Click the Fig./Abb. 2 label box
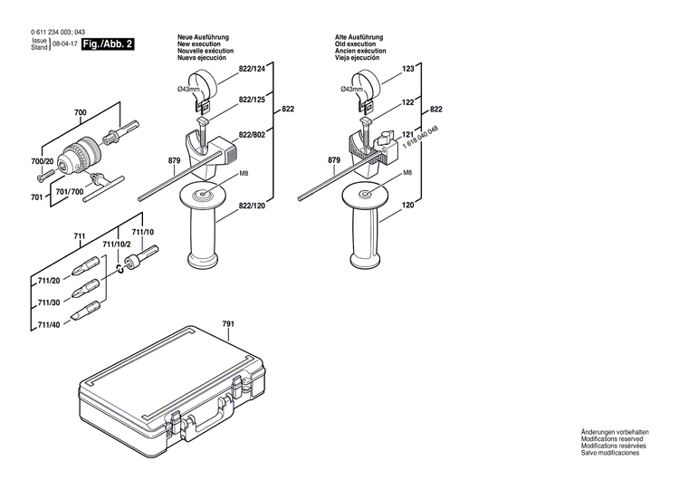tap(107, 43)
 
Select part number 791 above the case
tap(227, 323)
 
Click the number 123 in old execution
tap(407, 70)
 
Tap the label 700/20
tap(43, 161)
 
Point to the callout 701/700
tap(72, 192)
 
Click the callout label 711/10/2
tap(117, 245)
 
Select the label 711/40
tap(49, 325)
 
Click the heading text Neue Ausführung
tap(202, 35)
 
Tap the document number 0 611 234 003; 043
tap(52, 32)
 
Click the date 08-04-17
tap(63, 43)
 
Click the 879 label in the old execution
tap(334, 160)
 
